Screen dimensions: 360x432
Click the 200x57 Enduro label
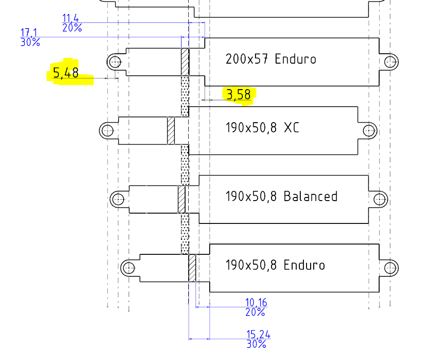pyautogui.click(x=271, y=59)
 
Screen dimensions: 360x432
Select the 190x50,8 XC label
pyautogui.click(x=262, y=128)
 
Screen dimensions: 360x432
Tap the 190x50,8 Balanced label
pyautogui.click(x=281, y=197)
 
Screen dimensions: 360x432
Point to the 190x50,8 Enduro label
pyautogui.click(x=275, y=265)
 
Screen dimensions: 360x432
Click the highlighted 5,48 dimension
pyautogui.click(x=66, y=73)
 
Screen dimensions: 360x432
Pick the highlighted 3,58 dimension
pyautogui.click(x=238, y=95)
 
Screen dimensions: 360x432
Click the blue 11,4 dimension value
pyautogui.click(x=70, y=18)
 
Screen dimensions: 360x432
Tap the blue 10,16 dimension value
pyautogui.click(x=256, y=303)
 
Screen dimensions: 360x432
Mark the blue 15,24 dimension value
pyautogui.click(x=258, y=334)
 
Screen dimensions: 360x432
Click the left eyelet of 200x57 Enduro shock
pyautogui.click(x=115, y=61)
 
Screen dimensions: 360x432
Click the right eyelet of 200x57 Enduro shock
pyautogui.click(x=391, y=61)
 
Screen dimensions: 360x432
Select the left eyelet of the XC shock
pyautogui.click(x=107, y=130)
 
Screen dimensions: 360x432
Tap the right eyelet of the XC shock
pyautogui.click(x=369, y=130)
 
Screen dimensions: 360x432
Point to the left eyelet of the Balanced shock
pyautogui.click(x=118, y=199)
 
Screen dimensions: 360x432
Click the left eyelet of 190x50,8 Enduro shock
pyautogui.click(x=129, y=268)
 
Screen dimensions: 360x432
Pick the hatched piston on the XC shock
pyautogui.click(x=171, y=130)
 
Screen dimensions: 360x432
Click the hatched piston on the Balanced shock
pyautogui.click(x=181, y=199)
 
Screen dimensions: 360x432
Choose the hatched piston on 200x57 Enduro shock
pyautogui.click(x=185, y=62)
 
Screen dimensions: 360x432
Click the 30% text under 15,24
pyautogui.click(x=256, y=344)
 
